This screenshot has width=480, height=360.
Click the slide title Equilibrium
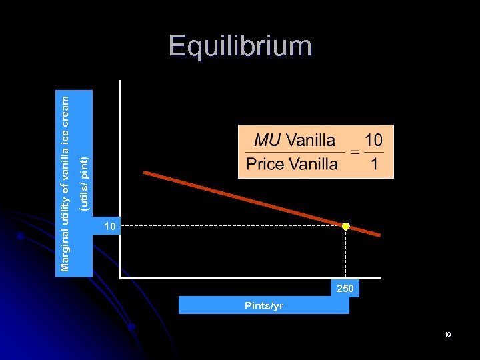(x=240, y=46)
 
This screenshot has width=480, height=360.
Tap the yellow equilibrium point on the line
(x=345, y=227)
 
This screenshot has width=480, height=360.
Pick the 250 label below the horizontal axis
(x=345, y=289)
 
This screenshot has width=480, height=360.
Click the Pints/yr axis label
(x=264, y=306)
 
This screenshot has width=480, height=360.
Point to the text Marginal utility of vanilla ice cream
(x=65, y=183)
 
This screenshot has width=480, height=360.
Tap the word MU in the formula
(x=267, y=140)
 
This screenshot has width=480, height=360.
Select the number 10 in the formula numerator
(x=373, y=140)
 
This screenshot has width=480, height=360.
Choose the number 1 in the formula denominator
(x=374, y=164)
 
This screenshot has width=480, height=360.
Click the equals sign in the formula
(x=355, y=152)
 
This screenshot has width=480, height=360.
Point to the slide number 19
(x=448, y=334)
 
